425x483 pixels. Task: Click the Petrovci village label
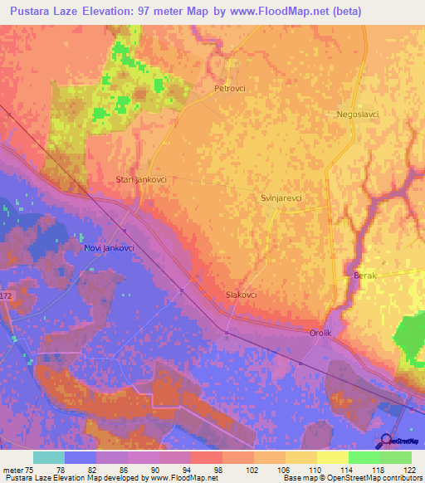click(x=230, y=87)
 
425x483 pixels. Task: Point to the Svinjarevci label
click(x=281, y=198)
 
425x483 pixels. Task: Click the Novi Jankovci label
click(x=110, y=248)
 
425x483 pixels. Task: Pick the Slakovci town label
click(x=242, y=295)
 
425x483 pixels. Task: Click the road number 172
click(x=7, y=296)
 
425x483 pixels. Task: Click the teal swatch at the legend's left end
click(x=49, y=457)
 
